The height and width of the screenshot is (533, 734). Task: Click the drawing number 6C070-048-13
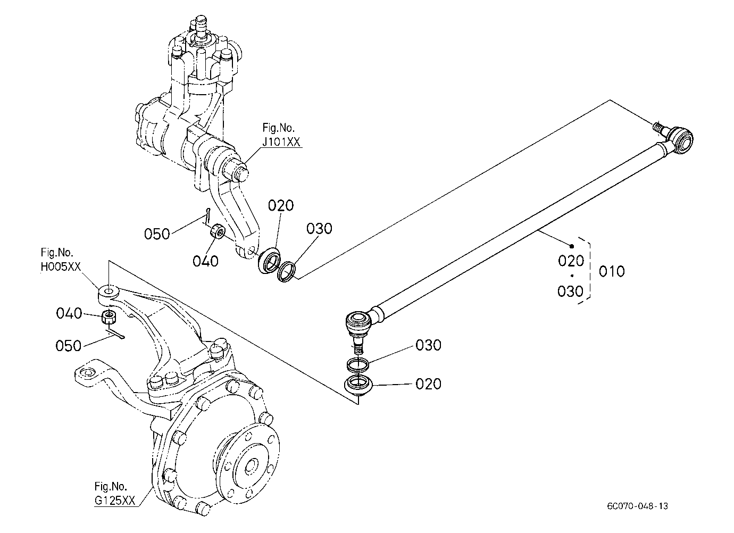coord(637,506)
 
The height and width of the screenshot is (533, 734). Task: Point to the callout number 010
coord(612,271)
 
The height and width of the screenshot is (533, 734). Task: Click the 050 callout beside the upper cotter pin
coord(157,234)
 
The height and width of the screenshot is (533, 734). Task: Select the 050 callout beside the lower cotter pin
coord(68,346)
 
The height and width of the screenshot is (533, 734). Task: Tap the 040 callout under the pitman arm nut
coord(205,261)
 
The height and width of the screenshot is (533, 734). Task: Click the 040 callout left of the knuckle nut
coord(69,313)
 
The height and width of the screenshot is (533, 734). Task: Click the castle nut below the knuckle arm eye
coord(109,317)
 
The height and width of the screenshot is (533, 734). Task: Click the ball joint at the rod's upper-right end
coord(675,139)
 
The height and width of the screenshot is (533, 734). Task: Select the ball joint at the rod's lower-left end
coord(360,328)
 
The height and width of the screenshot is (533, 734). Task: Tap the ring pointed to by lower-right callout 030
coord(358,365)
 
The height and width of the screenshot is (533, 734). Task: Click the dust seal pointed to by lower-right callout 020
coord(358,385)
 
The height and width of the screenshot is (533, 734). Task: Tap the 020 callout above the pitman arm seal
coord(281,205)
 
